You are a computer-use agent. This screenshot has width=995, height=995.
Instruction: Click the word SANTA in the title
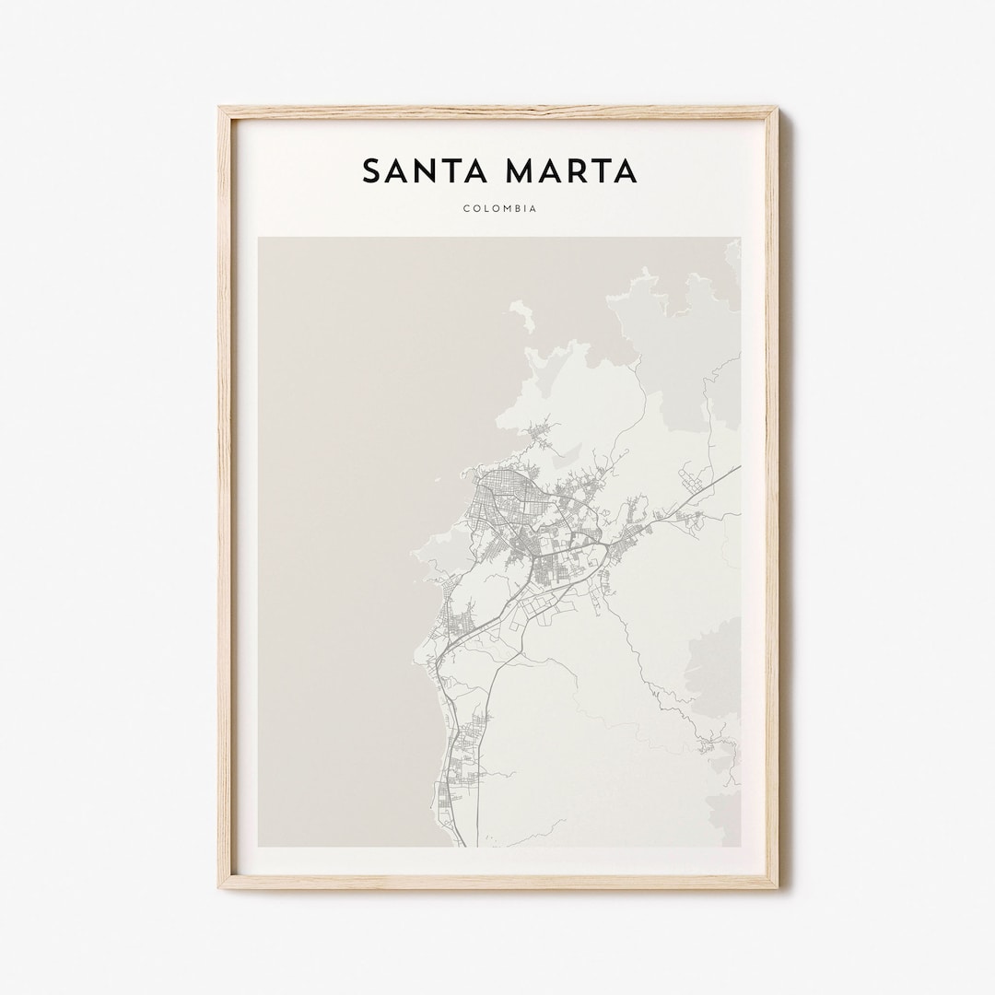click(x=420, y=170)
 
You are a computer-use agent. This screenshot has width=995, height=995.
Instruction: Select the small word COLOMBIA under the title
click(x=500, y=209)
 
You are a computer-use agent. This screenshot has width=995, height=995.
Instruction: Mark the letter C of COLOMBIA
click(x=467, y=209)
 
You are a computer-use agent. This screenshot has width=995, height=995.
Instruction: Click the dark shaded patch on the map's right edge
click(x=719, y=663)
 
